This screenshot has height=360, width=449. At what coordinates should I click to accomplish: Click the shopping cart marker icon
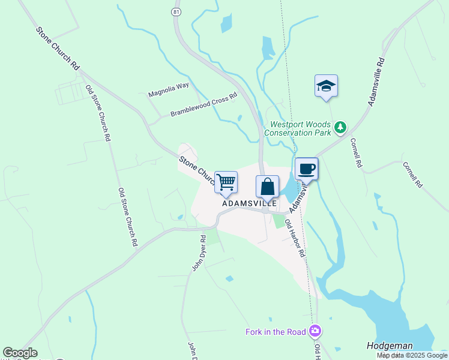point(226,182)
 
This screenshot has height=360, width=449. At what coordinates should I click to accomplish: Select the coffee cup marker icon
point(306,169)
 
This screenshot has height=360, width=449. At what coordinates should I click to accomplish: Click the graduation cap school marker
point(326,86)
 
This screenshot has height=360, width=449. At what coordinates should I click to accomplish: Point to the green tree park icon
point(341,127)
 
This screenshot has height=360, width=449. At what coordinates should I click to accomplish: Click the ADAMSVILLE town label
point(249,203)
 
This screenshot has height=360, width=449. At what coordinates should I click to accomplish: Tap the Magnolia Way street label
point(169,89)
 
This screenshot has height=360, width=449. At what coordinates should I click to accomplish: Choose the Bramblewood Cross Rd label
point(203,105)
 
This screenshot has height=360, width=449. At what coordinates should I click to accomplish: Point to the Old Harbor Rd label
point(295,238)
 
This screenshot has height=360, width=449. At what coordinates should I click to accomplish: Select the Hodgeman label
point(390,346)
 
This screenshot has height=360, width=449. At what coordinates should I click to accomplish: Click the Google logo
point(20,353)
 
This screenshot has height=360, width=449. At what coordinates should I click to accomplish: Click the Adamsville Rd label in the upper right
point(376,82)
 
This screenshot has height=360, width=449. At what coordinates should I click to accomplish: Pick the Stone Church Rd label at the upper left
point(58,49)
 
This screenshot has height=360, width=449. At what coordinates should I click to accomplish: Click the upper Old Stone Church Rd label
point(98,113)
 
